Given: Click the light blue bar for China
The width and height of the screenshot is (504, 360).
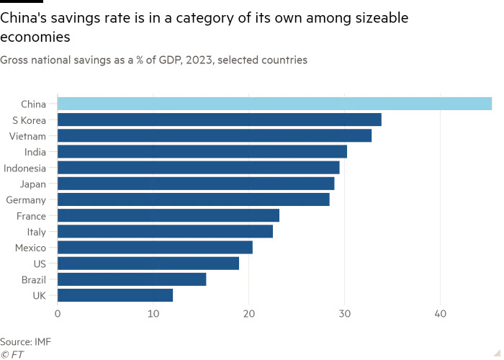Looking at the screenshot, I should click(x=274, y=104).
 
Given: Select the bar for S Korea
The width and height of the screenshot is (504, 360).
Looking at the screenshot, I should click(x=219, y=120).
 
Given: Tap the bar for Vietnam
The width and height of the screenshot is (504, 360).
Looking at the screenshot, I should click(x=215, y=136).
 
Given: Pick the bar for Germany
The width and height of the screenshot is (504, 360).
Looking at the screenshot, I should click(x=193, y=200).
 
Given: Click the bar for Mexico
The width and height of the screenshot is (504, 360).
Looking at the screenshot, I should click(x=155, y=248).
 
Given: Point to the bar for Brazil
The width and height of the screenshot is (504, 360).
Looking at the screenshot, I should click(x=132, y=279).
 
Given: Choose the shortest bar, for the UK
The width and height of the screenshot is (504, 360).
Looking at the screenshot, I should click(x=115, y=295).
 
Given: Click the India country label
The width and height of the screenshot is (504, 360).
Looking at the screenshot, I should click(x=35, y=152).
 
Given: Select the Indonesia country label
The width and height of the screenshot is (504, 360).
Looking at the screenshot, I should click(x=25, y=168).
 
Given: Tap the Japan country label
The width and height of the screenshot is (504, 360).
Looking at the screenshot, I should click(x=33, y=184).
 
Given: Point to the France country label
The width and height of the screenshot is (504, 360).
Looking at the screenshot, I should click(x=31, y=216).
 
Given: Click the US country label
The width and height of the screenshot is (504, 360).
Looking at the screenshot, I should click(x=39, y=264).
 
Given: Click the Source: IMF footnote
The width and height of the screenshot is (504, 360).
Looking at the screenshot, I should click(x=25, y=341).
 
